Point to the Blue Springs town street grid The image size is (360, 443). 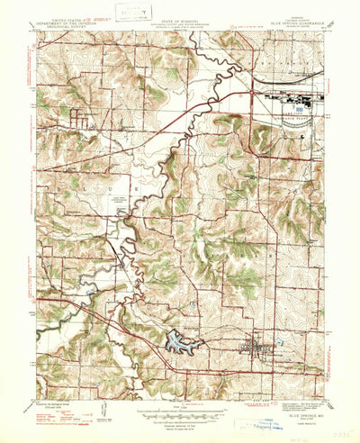tap(256, 347)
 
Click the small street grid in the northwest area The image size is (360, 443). tap(82, 117)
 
